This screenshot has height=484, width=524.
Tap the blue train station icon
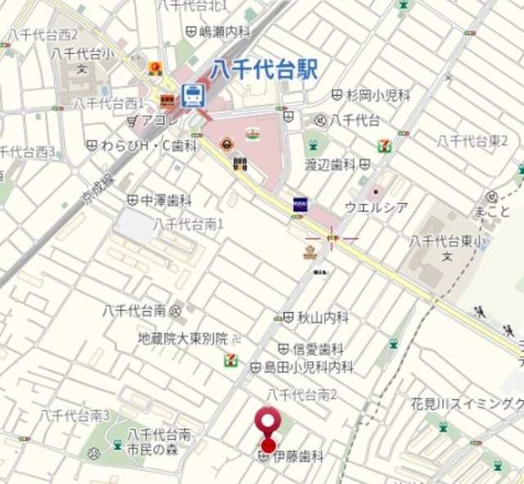(x=193, y=95)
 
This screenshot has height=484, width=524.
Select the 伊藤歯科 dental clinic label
(x=297, y=455)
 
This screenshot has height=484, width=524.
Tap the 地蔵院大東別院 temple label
(x=182, y=337)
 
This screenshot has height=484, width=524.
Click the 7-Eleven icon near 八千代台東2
(x=384, y=146)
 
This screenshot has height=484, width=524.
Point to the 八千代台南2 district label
(x=301, y=395)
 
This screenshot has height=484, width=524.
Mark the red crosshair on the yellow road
(x=332, y=239)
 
